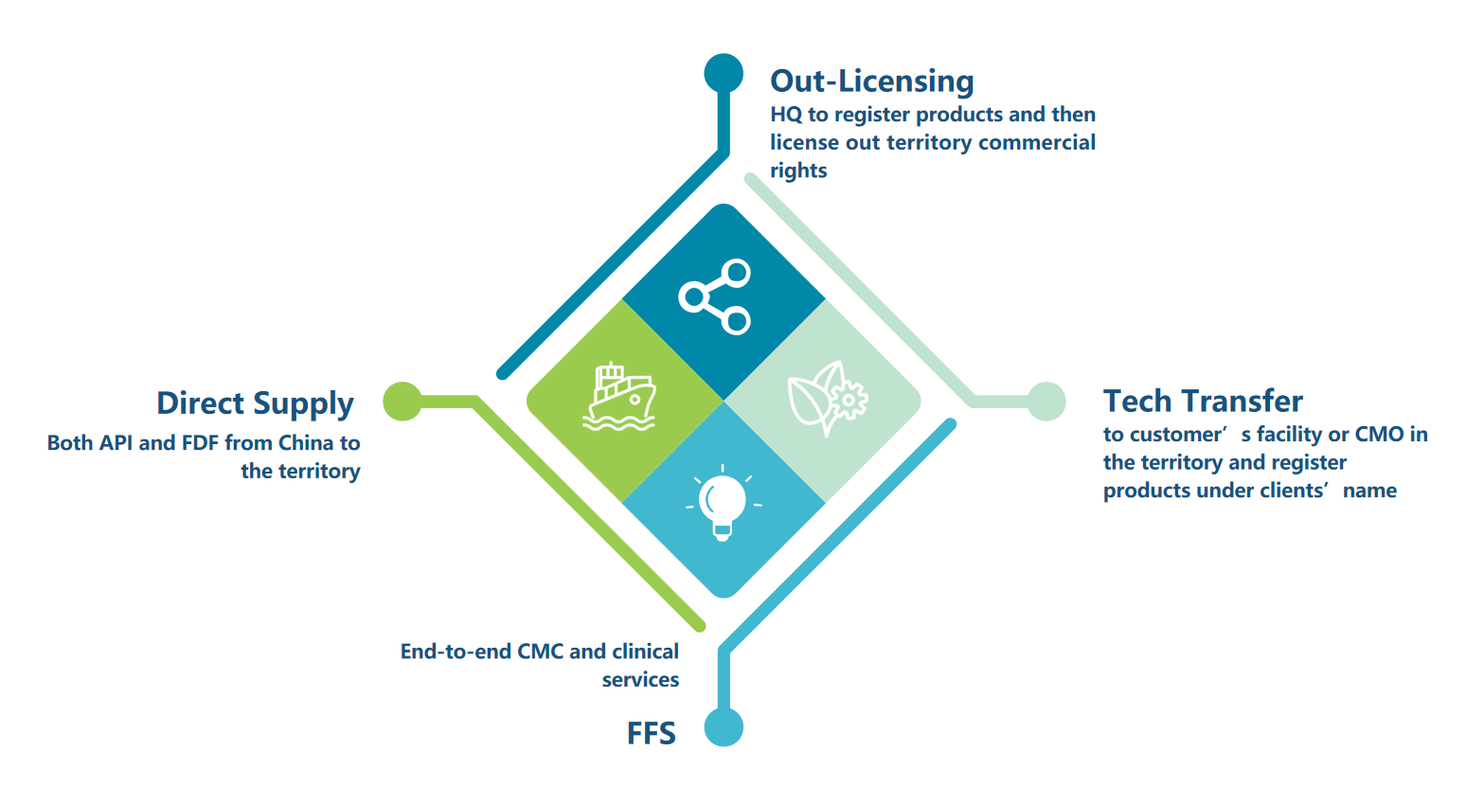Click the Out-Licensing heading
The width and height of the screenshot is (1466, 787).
click(872, 81)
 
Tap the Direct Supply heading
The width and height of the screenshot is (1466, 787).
click(256, 403)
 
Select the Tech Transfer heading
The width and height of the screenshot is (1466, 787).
click(1203, 401)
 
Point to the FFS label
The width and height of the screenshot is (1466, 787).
click(652, 733)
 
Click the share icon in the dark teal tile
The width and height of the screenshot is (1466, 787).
click(715, 297)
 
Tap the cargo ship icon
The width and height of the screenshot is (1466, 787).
click(619, 397)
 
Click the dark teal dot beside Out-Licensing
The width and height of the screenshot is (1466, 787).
click(724, 73)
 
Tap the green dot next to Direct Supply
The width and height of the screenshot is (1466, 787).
click(402, 402)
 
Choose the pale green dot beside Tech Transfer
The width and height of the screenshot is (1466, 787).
click(1046, 402)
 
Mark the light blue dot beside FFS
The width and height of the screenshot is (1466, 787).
click(724, 727)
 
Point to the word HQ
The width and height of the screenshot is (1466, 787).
click(786, 115)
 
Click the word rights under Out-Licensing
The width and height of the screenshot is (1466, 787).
click(798, 171)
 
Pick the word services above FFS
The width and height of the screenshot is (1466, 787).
click(640, 680)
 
